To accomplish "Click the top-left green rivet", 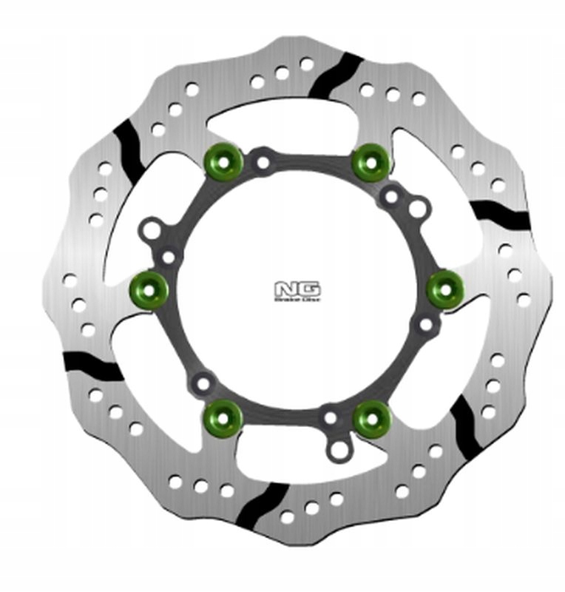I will click(222, 161).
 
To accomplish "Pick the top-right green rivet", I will click(370, 161).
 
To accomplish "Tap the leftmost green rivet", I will click(149, 286).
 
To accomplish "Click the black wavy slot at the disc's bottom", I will click(264, 507).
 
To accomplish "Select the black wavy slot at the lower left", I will click(90, 364).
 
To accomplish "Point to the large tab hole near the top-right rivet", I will click(416, 209).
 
